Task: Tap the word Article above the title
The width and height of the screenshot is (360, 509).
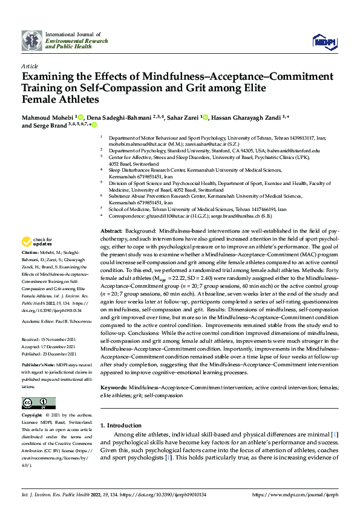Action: coord(29,66)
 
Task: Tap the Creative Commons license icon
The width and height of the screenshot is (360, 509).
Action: coord(35,404)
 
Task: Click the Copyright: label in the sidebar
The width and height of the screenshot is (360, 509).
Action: coord(32,416)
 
